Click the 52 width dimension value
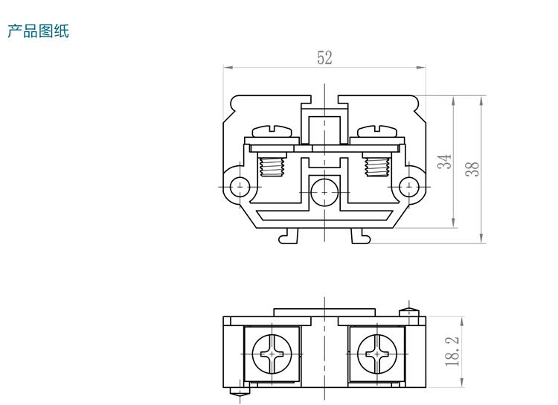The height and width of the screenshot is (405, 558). coord(325,58)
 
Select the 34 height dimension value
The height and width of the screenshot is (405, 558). coord(445,162)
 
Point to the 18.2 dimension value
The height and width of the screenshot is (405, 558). coord(452,350)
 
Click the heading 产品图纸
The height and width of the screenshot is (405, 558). coord(38,31)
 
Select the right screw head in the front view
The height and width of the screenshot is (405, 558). coord(377,131)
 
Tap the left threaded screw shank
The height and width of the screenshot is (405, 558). coord(272,165)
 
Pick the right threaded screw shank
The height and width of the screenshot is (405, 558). coord(377,165)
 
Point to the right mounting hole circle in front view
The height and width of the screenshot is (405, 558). coord(410,186)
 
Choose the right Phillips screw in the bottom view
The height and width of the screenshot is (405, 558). coord(377,351)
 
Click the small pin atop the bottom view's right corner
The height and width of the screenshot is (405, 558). coord(406,310)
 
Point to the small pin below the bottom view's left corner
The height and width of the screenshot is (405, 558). coord(239,392)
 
